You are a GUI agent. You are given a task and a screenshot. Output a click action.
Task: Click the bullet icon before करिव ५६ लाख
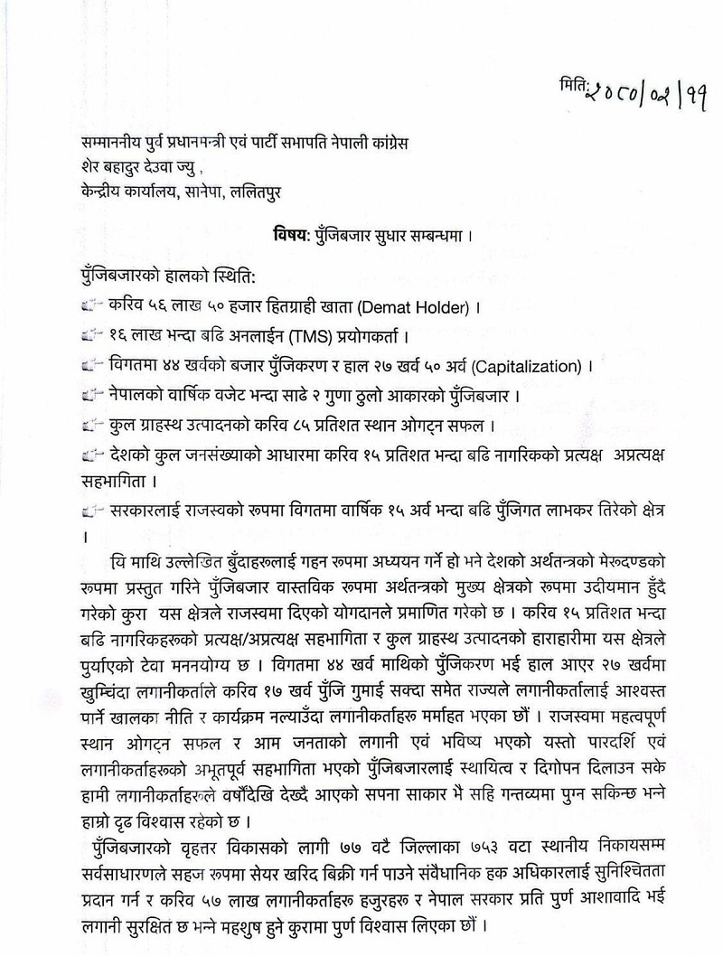coord(89,307)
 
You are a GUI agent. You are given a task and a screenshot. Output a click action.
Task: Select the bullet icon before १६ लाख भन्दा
coord(89,337)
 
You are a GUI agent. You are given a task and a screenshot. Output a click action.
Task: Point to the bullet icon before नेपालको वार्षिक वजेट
coord(89,395)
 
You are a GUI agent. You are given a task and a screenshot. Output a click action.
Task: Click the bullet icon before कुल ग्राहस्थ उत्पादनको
coord(89,424)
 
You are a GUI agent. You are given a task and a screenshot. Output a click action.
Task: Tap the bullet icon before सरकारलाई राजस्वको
coord(89,512)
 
